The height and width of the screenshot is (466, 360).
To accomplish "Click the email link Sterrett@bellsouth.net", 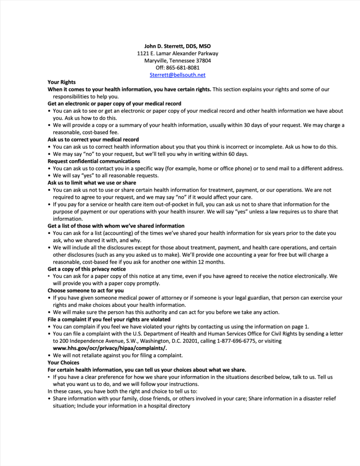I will [x=178, y=75].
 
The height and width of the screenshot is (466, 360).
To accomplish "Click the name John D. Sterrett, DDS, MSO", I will [x=178, y=46].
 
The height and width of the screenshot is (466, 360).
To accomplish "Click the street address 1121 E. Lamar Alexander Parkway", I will [x=178, y=53].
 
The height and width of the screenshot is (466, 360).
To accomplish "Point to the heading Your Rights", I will [x=61, y=82].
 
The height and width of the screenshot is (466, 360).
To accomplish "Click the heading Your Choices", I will [x=63, y=362].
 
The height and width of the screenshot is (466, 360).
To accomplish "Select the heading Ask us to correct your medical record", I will [x=93, y=140].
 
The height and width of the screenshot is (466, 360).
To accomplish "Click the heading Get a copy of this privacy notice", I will [x=87, y=269].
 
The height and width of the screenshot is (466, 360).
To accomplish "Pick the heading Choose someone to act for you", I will [x=86, y=290].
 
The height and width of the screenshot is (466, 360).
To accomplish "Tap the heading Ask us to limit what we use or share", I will [x=92, y=183].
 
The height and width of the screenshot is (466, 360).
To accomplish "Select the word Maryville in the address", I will [x=156, y=61].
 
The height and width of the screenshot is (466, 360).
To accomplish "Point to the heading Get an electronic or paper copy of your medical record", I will [x=114, y=104].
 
